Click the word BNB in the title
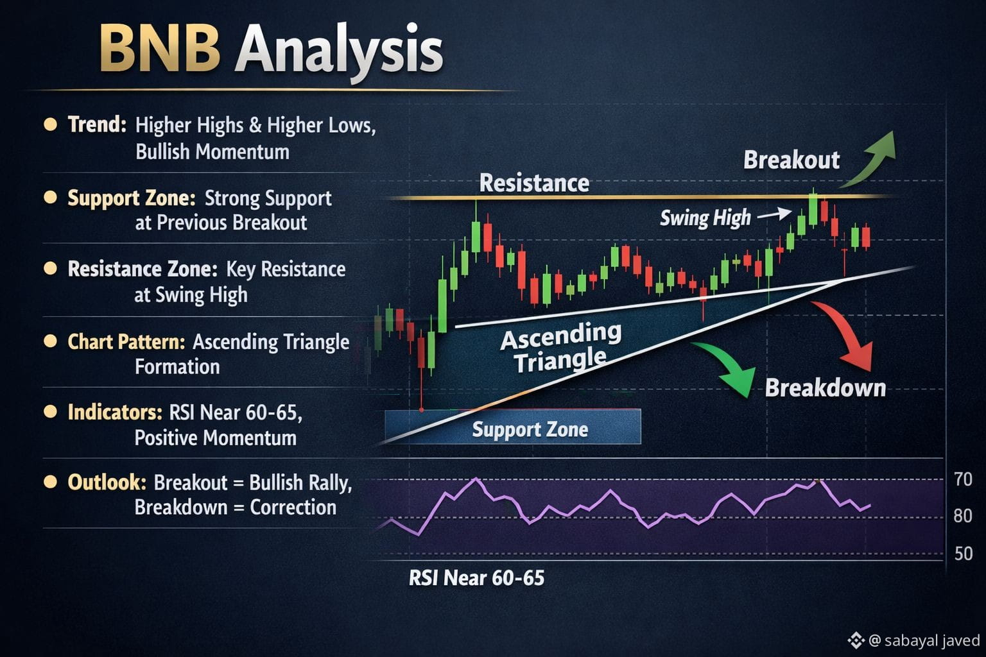159,48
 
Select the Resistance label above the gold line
534,183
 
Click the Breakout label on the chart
791,159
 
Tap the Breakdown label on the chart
826,388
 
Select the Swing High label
705,218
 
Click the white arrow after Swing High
774,214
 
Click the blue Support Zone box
513,427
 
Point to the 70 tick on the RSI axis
963,479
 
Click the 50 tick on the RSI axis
963,554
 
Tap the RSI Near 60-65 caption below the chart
477,578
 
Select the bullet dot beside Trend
51,124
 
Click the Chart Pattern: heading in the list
126,341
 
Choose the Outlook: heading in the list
107,482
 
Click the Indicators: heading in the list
116,413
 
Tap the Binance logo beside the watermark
856,640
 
